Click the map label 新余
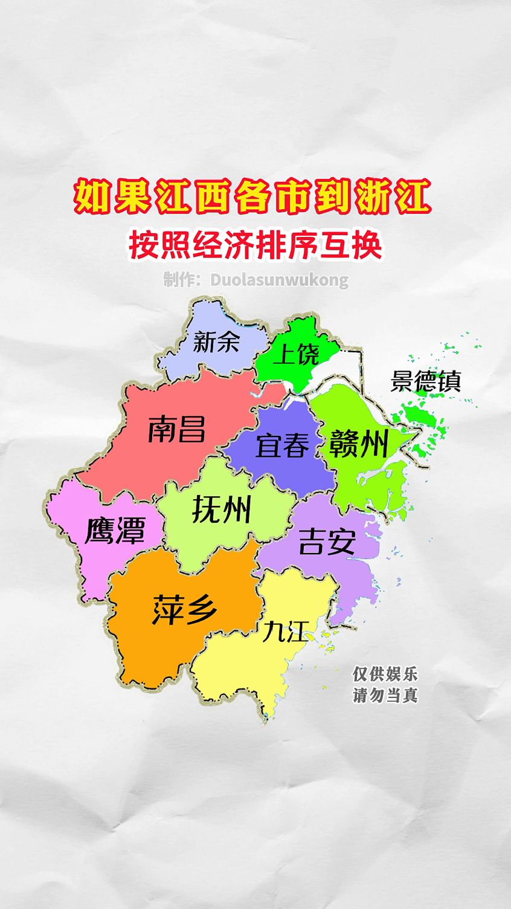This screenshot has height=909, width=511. (216, 342)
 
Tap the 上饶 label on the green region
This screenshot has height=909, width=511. (296, 354)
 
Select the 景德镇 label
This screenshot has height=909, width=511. (426, 381)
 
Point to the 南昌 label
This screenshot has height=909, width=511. (177, 429)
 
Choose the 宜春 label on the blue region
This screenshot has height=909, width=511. (282, 445)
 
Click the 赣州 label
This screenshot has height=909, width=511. (359, 445)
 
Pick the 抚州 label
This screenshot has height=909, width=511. (221, 509)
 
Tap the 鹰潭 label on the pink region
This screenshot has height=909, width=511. (115, 530)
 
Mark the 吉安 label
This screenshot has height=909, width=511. (327, 541)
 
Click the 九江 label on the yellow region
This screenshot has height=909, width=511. (284, 632)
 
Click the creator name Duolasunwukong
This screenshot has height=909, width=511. (279, 280)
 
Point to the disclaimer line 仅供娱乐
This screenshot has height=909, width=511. (385, 674)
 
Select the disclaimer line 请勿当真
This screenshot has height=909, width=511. (385, 695)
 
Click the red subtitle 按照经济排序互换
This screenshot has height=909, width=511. (255, 245)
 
